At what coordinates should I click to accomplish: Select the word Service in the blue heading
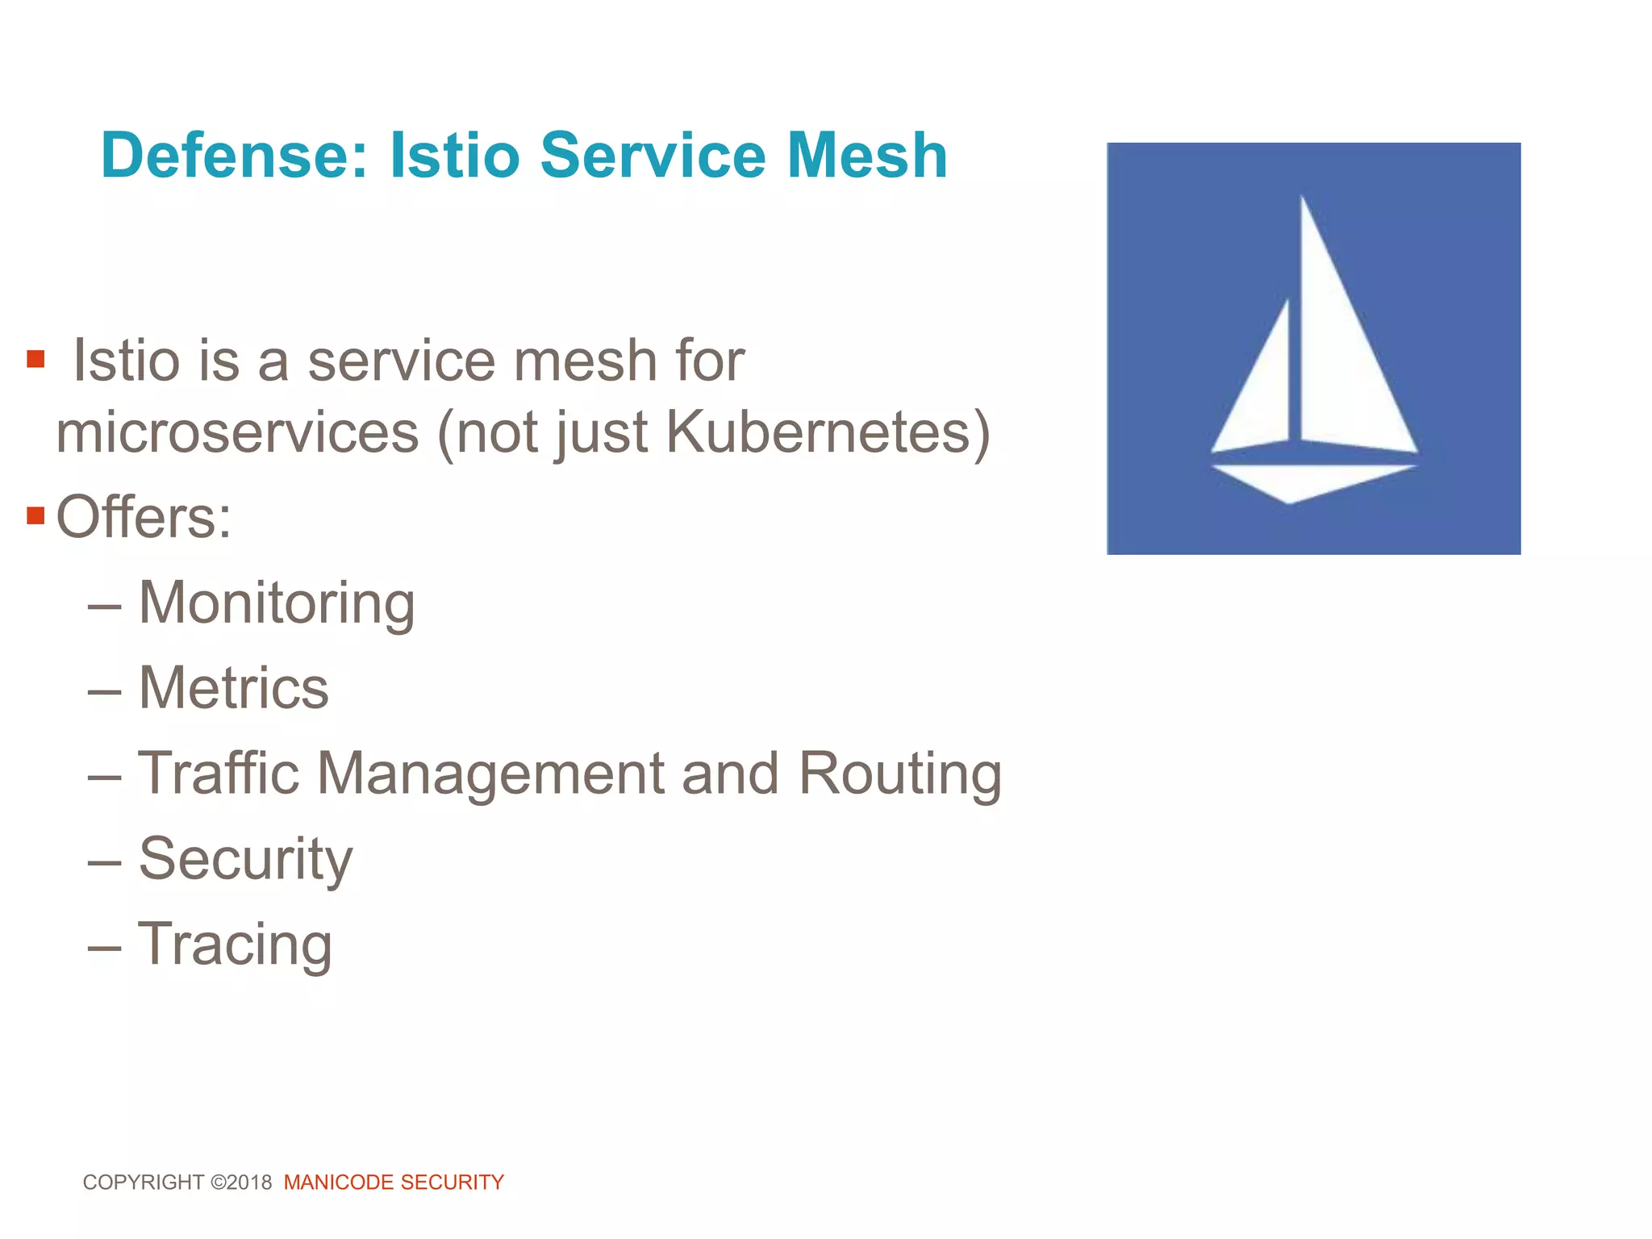click(653, 156)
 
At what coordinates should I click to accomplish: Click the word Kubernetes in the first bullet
click(817, 433)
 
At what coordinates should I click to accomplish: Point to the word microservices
click(237, 433)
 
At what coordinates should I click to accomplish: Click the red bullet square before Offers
click(35, 515)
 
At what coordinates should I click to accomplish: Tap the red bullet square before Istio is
click(35, 358)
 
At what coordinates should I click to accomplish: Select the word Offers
click(144, 517)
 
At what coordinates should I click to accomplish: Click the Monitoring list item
click(277, 603)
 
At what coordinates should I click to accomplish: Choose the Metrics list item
click(234, 688)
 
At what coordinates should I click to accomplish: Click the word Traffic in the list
click(219, 774)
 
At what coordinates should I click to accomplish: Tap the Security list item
click(246, 860)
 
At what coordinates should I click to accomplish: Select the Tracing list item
click(235, 945)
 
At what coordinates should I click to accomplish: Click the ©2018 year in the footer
click(241, 1183)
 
